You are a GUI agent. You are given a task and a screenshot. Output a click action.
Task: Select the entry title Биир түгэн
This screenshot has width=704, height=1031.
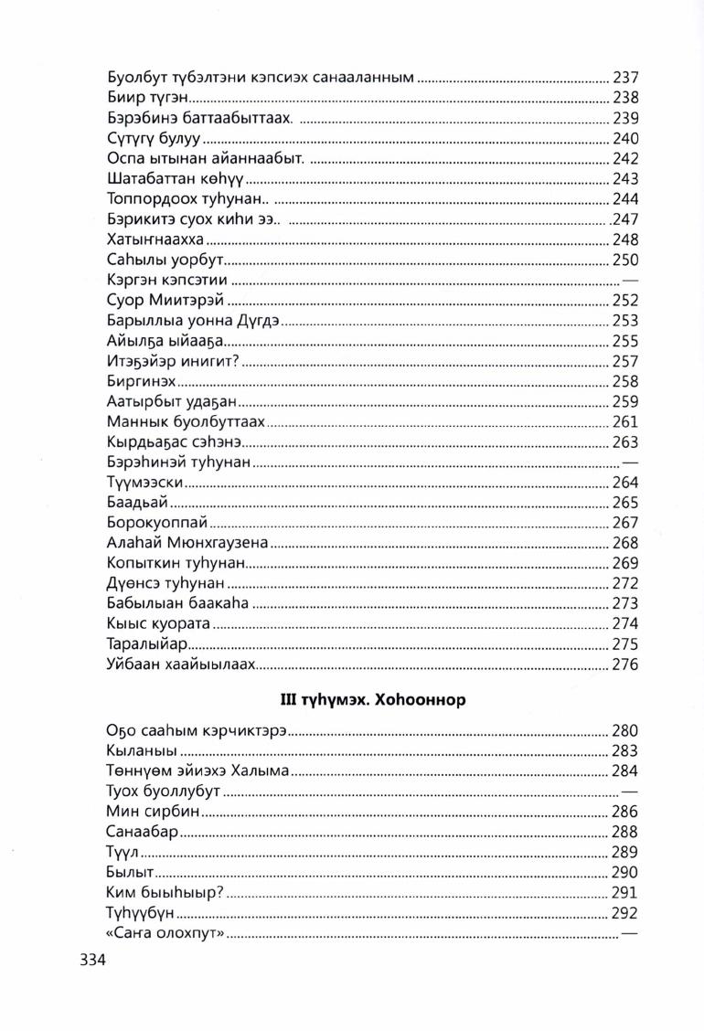tap(148, 99)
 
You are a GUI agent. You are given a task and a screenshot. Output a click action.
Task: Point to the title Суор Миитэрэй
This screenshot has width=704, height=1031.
tap(165, 300)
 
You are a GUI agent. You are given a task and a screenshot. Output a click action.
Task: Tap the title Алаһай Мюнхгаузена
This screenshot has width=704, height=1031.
tap(187, 543)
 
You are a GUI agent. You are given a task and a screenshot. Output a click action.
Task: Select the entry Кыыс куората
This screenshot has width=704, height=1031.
tap(159, 623)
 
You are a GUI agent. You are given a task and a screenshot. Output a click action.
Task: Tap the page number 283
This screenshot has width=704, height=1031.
tap(624, 751)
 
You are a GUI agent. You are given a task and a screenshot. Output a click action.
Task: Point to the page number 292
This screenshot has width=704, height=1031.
tap(624, 913)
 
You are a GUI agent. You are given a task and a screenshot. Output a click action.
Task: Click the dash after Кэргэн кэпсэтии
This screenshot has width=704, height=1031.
tap(629, 280)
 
